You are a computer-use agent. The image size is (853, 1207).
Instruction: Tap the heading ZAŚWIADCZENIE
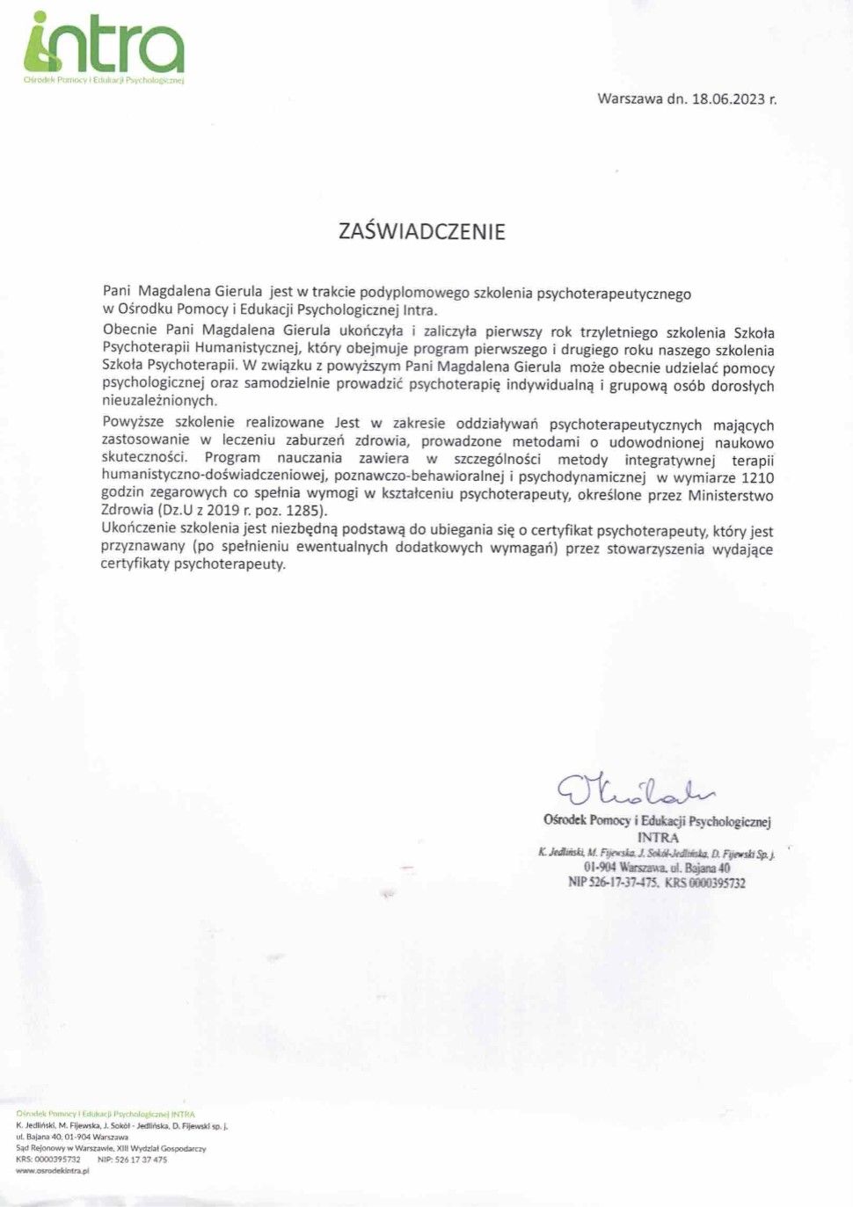click(422, 231)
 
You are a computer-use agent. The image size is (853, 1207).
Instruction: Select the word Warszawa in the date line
click(630, 98)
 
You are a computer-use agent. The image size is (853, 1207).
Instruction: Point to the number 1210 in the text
click(758, 477)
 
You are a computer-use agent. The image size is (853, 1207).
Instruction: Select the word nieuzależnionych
click(159, 401)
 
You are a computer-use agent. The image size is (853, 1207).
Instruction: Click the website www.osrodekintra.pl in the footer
click(53, 1171)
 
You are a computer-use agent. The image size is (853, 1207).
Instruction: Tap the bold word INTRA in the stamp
click(658, 838)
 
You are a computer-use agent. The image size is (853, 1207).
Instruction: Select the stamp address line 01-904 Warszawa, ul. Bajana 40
click(657, 868)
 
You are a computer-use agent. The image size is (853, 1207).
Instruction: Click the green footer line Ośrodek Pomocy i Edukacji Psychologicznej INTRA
click(106, 1113)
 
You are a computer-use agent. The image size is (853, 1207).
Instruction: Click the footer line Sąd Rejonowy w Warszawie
click(111, 1148)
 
